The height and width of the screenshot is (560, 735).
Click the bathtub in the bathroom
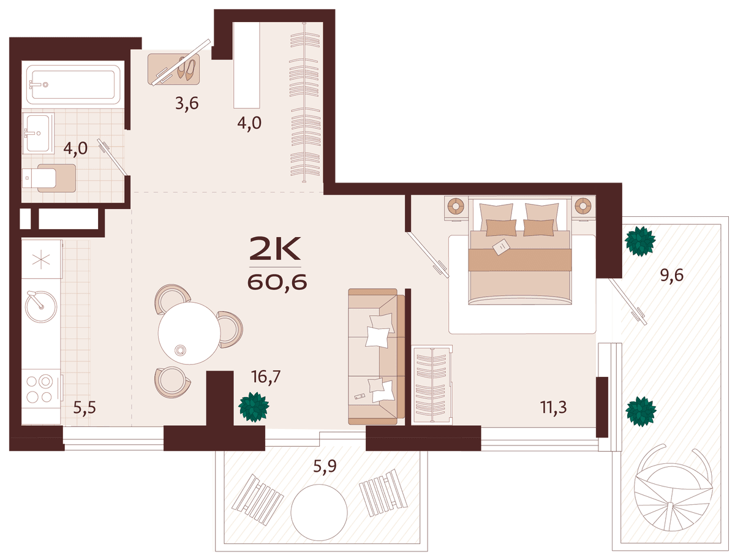(73, 85)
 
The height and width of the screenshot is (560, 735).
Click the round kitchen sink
(41, 307)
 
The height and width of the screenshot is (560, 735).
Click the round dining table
(189, 333)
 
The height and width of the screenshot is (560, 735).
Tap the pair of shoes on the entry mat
(186, 69)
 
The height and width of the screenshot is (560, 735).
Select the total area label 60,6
(277, 282)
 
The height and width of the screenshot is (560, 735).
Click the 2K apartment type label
(274, 248)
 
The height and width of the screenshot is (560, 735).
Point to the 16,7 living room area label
(266, 377)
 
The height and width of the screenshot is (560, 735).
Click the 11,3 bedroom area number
(554, 407)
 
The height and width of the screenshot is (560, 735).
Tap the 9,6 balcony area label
(671, 275)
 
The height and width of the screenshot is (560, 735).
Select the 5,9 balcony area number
(325, 466)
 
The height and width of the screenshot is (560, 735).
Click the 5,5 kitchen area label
(85, 408)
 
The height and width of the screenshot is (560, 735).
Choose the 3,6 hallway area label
(187, 103)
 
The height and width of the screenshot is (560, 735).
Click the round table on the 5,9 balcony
(318, 512)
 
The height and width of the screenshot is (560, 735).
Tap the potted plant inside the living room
(254, 407)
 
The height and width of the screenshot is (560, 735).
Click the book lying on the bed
(501, 246)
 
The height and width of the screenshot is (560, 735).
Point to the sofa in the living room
(376, 357)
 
